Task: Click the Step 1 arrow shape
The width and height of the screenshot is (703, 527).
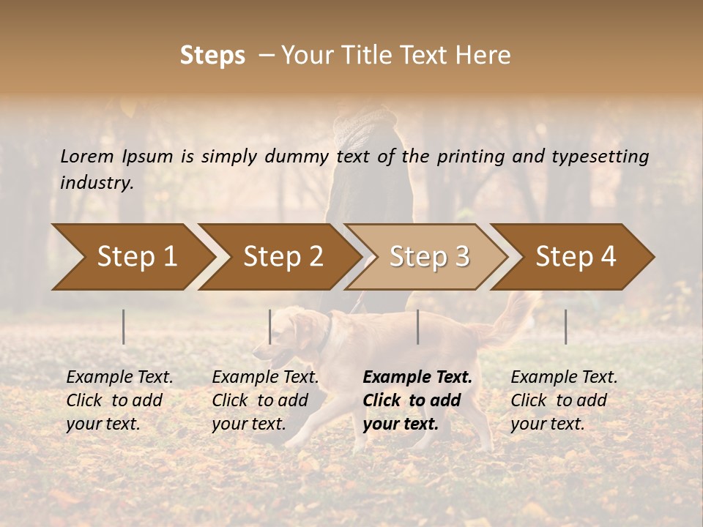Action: click(x=132, y=257)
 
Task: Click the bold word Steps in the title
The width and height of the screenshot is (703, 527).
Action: click(x=212, y=56)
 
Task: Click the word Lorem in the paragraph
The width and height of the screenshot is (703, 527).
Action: click(x=86, y=156)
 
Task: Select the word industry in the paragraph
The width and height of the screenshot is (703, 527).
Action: click(x=96, y=182)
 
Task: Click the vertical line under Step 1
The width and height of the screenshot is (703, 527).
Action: click(x=124, y=326)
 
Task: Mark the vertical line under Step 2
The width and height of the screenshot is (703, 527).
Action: click(x=270, y=326)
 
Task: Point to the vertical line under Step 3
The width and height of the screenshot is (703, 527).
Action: click(x=418, y=326)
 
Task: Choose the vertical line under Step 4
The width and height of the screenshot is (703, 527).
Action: click(x=566, y=326)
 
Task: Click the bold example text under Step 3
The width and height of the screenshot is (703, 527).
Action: click(x=417, y=400)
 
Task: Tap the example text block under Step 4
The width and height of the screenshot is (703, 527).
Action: click(x=563, y=400)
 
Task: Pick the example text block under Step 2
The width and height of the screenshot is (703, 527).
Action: click(x=264, y=400)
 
